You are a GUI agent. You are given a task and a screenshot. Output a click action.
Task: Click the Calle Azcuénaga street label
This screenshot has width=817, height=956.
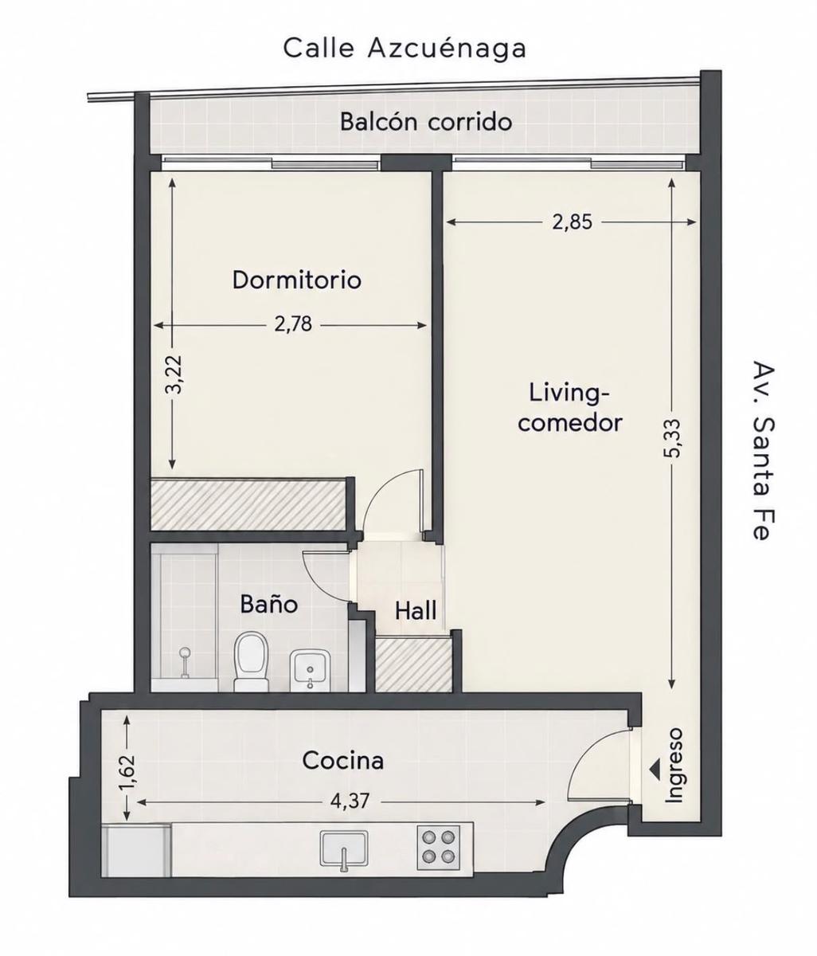[405, 49]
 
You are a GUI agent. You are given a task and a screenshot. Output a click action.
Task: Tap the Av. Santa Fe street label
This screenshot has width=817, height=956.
[763, 450]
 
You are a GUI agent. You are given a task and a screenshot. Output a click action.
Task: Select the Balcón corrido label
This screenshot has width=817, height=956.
[426, 122]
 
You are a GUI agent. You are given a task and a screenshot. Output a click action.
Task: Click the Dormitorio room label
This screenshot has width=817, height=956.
[296, 280]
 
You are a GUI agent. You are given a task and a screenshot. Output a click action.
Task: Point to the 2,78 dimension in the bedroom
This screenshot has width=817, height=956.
[293, 325]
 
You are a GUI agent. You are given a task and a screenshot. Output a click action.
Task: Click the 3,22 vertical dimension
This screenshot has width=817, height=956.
[174, 374]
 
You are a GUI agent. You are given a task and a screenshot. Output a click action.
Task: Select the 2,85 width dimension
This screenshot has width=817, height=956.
[572, 222]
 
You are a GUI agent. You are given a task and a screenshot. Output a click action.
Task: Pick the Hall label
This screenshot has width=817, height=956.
[415, 611]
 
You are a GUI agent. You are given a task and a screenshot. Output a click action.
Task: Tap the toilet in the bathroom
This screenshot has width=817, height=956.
[251, 661]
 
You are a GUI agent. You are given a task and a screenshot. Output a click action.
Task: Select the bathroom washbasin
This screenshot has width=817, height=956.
[310, 669]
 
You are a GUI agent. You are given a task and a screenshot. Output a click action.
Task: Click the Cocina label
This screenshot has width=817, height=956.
[342, 760]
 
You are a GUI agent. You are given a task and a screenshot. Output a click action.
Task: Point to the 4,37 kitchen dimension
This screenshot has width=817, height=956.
[350, 801]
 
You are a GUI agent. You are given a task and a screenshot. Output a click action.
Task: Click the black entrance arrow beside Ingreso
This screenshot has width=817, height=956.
[655, 768]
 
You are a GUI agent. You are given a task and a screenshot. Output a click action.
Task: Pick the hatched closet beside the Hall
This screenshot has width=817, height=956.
[413, 664]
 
